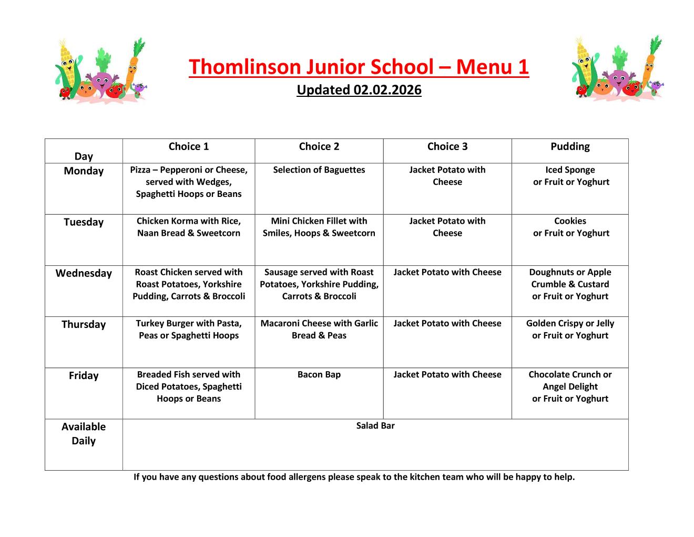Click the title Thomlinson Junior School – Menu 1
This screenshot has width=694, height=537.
point(359,67)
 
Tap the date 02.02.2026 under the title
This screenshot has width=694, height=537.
point(387,90)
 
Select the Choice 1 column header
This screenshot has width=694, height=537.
point(188,147)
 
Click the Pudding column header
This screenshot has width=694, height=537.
point(570,147)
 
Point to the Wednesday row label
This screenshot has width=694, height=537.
point(84,273)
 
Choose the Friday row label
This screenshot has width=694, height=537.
point(84,375)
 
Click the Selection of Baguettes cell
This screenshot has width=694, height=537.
point(319,170)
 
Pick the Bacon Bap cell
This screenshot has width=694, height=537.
point(319,375)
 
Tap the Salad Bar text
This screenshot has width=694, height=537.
point(375,426)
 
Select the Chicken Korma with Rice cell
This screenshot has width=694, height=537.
point(188,227)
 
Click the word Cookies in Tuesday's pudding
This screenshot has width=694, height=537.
point(570,221)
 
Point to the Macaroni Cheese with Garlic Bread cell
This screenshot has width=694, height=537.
point(319,329)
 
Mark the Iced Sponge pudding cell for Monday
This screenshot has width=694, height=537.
point(570,176)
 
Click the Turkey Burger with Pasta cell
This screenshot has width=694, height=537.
point(188,329)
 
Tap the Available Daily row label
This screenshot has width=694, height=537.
point(84,433)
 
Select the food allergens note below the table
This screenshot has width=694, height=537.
point(354,477)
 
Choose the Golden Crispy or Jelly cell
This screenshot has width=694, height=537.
point(570,329)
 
